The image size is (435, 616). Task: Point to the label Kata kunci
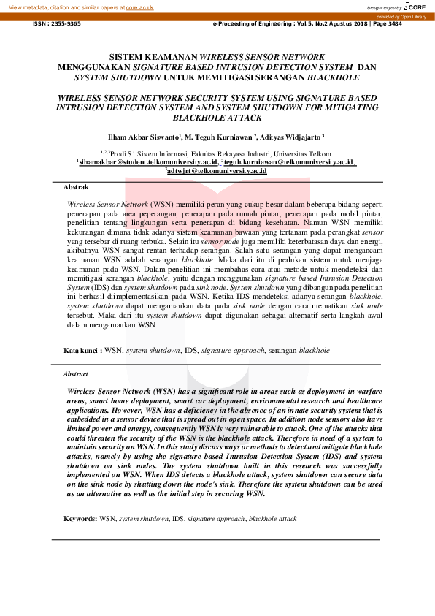click(x=81, y=351)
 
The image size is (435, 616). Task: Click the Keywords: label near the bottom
click(x=80, y=518)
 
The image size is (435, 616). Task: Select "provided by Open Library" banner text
click(x=403, y=16)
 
